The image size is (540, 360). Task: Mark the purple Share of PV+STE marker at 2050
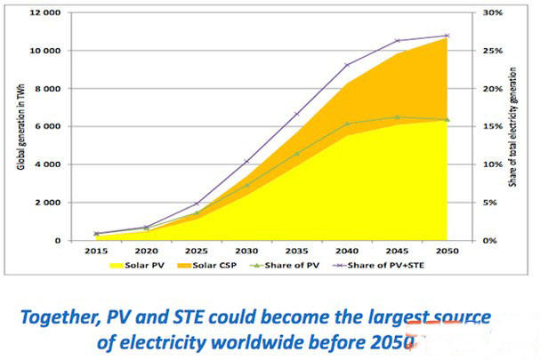tap(447, 36)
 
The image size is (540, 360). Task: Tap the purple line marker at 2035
tap(296, 115)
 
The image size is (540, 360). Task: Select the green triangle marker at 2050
tap(447, 119)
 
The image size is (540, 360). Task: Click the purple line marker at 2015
tap(96, 234)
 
